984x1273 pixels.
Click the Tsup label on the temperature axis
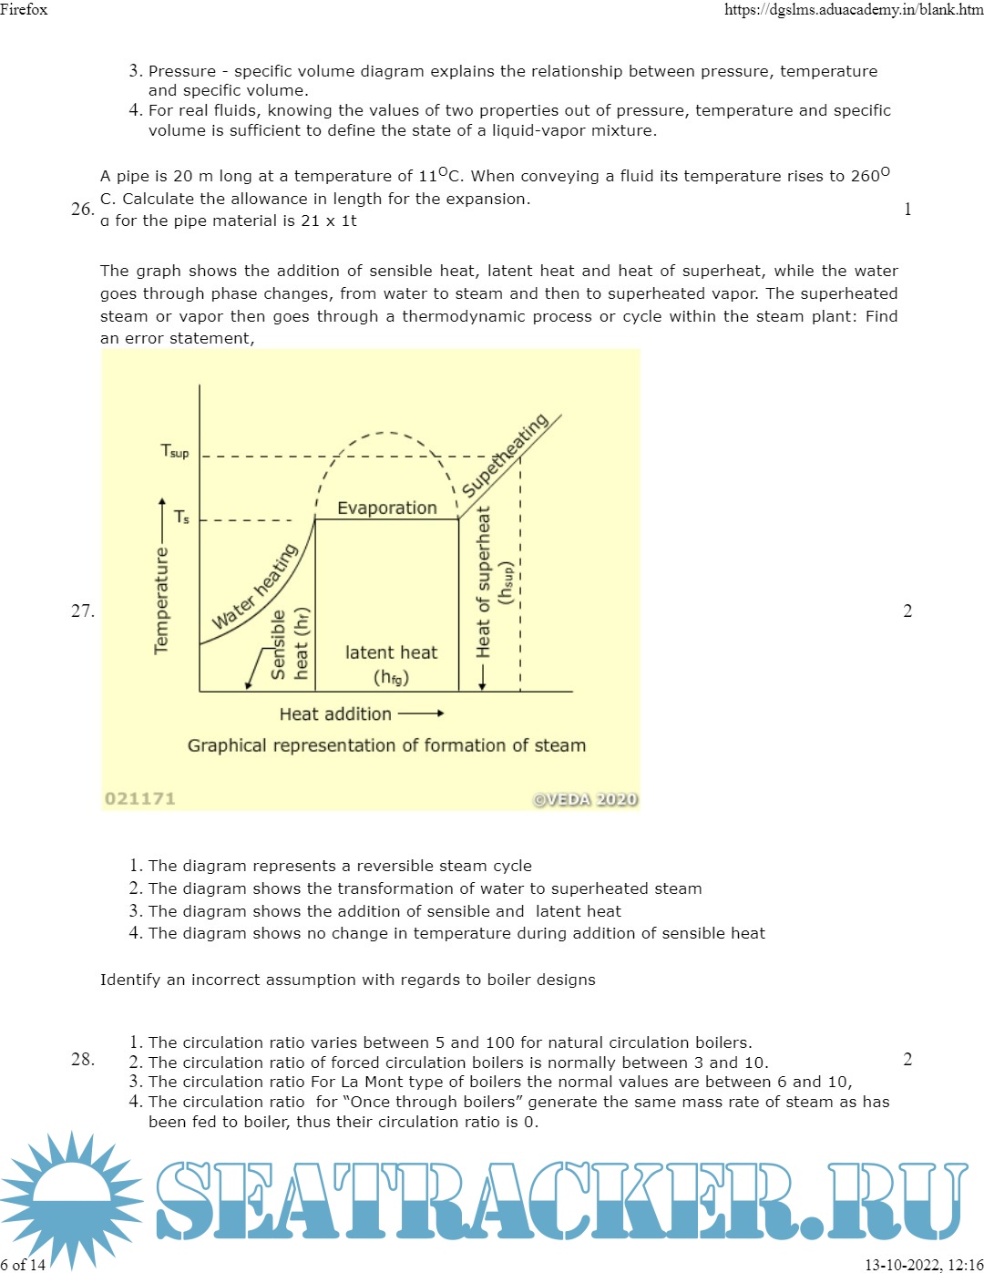coord(175,451)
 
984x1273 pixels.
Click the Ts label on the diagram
coord(181,517)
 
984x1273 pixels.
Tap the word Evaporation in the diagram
coord(387,508)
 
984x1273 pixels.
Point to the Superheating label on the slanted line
coord(505,455)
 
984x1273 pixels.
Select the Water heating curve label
coord(255,587)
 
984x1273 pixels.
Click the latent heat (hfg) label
coord(391,664)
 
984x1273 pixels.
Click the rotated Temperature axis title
coord(161,601)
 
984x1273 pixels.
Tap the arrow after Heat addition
coord(421,713)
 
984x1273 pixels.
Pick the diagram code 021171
coord(139,798)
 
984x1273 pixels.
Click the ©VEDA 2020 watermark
coord(585,799)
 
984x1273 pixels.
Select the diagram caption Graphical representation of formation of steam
coord(386,745)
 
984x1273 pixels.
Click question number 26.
coord(82,209)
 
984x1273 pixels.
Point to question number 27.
coord(82,611)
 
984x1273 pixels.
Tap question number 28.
coord(82,1059)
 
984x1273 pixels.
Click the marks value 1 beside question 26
coord(907,209)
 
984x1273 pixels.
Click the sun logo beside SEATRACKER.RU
coord(71,1199)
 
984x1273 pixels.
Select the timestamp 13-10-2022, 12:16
coord(923,1265)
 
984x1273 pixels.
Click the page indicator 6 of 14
coord(23,1265)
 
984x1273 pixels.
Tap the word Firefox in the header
coord(24,9)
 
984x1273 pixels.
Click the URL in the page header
coord(853,9)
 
